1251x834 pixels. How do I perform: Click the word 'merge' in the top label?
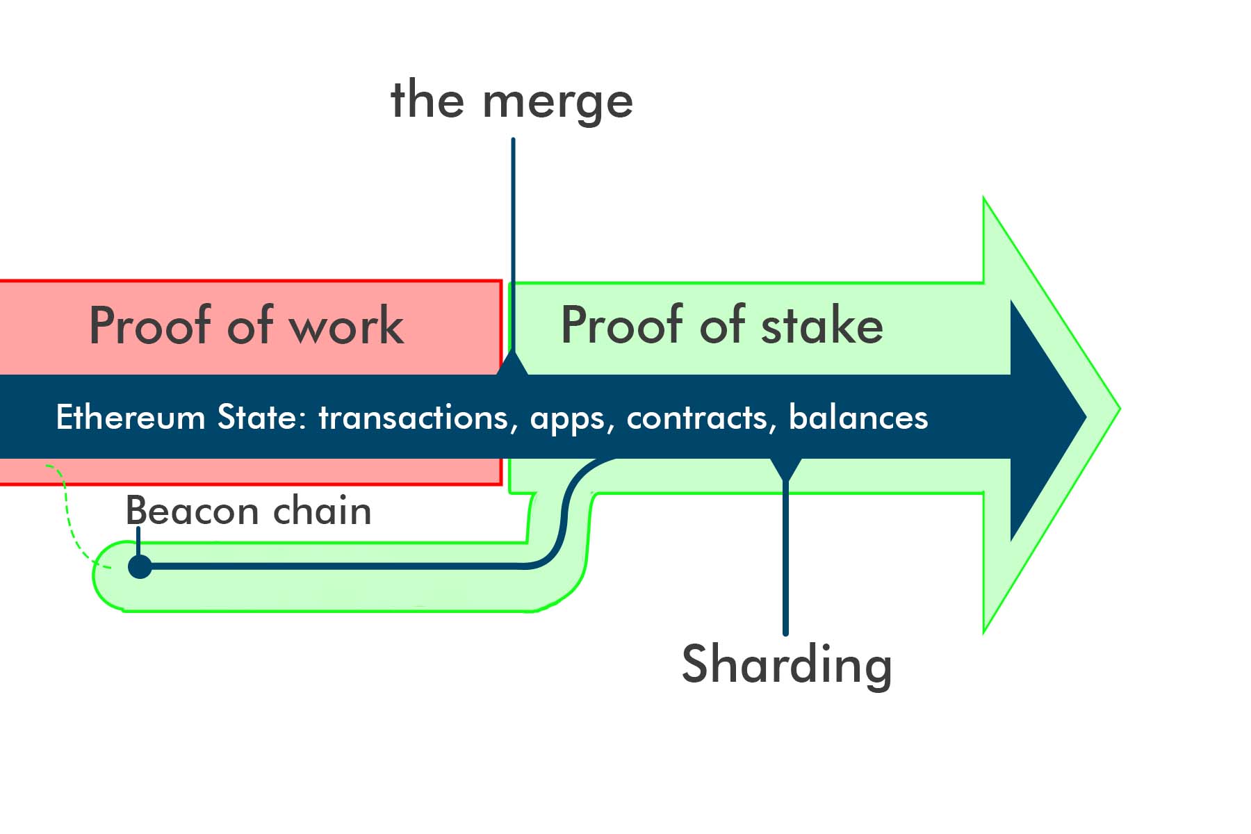click(557, 103)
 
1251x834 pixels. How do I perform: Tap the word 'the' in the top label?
click(427, 100)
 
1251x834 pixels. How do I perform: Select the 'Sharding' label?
click(787, 665)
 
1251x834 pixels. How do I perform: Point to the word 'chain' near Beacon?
click(322, 511)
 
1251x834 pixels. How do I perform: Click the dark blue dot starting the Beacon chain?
click(140, 566)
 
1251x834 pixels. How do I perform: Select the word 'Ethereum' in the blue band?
click(131, 418)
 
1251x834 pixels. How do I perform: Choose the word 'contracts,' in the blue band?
click(701, 418)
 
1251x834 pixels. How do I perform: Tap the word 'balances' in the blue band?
click(858, 418)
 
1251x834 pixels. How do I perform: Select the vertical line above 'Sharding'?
click(785, 556)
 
